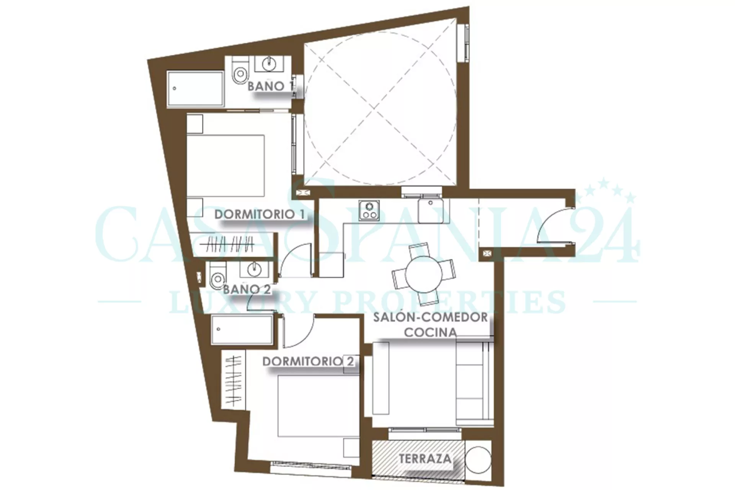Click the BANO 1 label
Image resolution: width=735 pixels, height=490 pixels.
pos(270,86)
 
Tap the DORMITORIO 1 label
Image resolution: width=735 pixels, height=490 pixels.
pos(260,214)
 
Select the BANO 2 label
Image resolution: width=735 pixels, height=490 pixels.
pos(247,289)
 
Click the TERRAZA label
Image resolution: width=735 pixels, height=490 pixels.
pos(425,458)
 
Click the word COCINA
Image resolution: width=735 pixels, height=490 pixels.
pos(431,332)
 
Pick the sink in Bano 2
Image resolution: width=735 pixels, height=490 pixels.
pos(253,269)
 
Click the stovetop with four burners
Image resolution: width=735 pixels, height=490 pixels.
pos(369,211)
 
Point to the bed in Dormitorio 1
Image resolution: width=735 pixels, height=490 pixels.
pos(225,165)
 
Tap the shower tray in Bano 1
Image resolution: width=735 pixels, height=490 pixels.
pos(195,88)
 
